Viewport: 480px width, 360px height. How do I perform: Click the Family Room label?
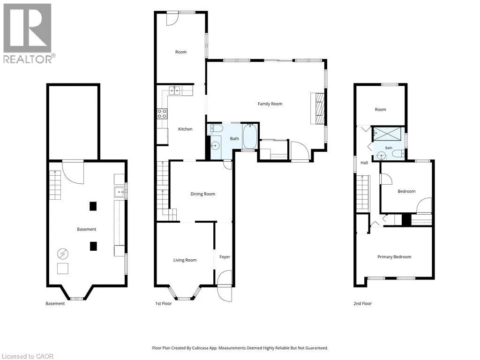(270, 104)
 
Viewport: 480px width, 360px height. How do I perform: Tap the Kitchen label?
(185, 129)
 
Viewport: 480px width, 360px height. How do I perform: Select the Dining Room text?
(202, 194)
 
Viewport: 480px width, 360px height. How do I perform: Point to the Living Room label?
(185, 260)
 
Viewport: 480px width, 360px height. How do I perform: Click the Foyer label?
(225, 257)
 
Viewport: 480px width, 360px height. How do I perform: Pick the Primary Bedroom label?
(394, 257)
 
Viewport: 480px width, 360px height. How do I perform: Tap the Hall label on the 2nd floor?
(364, 163)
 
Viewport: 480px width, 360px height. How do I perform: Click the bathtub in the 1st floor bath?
(250, 136)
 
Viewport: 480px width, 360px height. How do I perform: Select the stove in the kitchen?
(162, 113)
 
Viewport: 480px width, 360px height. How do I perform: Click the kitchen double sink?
(174, 91)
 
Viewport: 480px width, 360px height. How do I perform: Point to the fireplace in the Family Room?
(317, 108)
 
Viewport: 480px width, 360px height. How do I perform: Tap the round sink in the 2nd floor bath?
(382, 156)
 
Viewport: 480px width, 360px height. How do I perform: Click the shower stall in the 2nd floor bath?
(387, 134)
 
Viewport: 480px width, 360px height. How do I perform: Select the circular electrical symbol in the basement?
(62, 254)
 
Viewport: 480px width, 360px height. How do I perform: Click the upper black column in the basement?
(93, 206)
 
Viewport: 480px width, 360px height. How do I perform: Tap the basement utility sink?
(120, 192)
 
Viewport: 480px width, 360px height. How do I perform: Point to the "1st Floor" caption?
(164, 304)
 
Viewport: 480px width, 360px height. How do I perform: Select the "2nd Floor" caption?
(362, 304)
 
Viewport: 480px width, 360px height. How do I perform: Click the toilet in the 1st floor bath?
(217, 129)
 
